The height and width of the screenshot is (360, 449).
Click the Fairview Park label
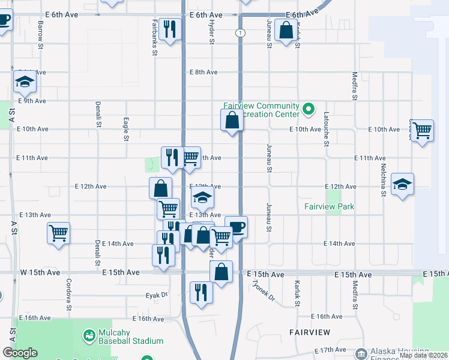click(329, 206)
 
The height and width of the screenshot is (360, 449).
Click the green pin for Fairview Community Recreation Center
click(309, 109)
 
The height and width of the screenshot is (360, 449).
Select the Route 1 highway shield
click(240, 32)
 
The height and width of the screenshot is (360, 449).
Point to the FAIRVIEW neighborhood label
click(309, 332)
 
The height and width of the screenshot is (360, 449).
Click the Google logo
click(20, 353)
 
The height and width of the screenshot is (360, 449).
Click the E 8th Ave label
click(203, 72)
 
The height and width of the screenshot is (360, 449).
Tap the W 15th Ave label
click(40, 272)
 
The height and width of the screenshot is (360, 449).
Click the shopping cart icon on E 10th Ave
click(423, 130)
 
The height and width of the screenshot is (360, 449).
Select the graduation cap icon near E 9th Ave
click(25, 82)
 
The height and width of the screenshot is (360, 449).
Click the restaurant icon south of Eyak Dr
click(200, 292)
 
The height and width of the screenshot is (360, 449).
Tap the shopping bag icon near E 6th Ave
click(286, 30)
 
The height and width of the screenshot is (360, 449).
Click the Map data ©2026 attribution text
click(423, 355)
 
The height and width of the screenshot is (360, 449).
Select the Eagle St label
click(126, 129)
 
